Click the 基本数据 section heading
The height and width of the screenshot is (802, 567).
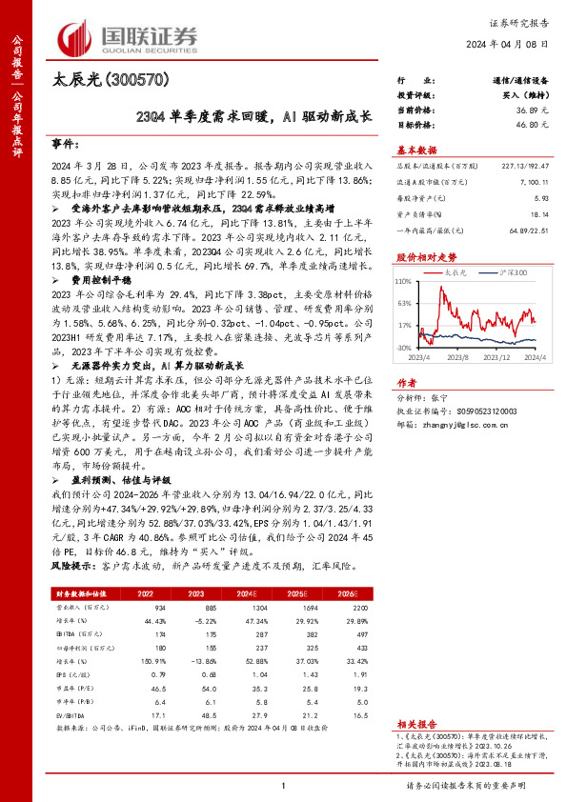click(415, 150)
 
